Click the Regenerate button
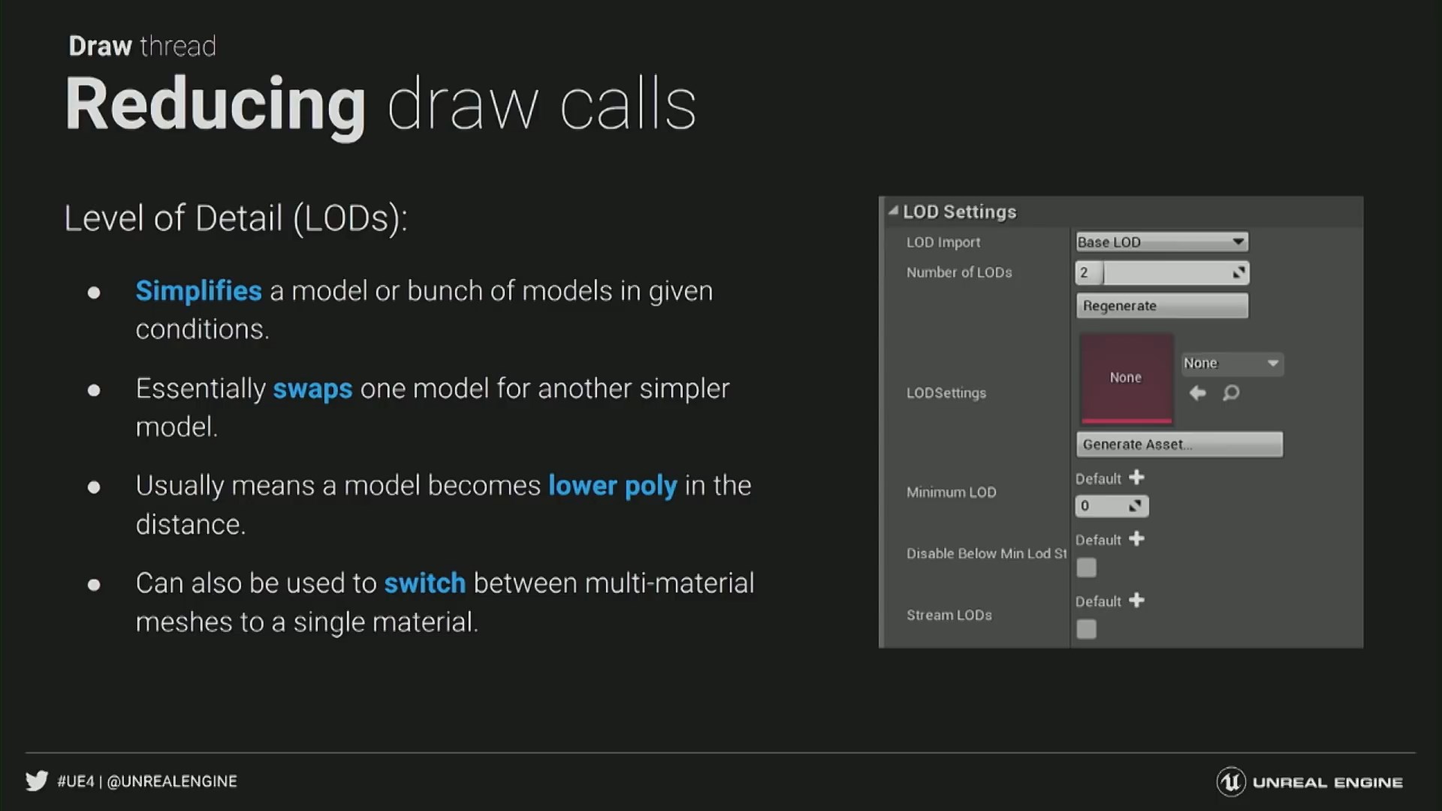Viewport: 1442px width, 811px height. [1162, 306]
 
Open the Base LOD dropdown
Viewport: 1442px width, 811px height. [1162, 242]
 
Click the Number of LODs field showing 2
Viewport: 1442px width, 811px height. [1162, 273]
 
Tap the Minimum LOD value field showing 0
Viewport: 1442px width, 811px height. [1112, 506]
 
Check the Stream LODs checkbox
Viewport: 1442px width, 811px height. [1086, 629]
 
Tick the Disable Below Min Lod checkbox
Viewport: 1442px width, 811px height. [1086, 568]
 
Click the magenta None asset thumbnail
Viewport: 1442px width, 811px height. [1127, 378]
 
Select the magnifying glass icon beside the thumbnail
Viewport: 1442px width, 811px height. [1231, 393]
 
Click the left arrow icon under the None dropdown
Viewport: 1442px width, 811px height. [1198, 393]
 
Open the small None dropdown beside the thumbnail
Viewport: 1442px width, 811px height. [1232, 363]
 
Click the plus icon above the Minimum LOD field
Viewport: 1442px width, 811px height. [1137, 478]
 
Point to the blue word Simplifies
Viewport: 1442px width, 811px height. [198, 291]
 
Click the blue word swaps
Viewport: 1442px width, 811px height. [312, 389]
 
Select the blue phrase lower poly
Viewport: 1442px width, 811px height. [613, 487]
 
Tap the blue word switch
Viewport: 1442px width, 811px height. [425, 583]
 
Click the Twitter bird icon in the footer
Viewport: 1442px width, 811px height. [37, 781]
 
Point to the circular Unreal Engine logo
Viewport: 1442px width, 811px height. [1231, 782]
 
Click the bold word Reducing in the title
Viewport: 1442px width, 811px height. [216, 105]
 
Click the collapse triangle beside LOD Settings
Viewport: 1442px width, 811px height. [893, 212]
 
